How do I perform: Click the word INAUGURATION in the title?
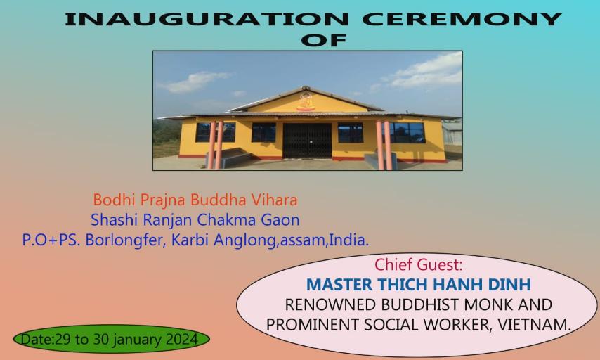click(x=207, y=19)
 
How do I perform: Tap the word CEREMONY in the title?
click(x=462, y=19)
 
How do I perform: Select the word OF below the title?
click(x=324, y=40)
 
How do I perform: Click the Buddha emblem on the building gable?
click(x=306, y=101)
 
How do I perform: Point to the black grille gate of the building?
click(x=307, y=140)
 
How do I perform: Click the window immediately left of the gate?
click(x=263, y=132)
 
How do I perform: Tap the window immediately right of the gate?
click(x=350, y=132)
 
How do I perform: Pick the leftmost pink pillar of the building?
click(x=211, y=145)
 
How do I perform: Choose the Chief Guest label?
click(x=418, y=264)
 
